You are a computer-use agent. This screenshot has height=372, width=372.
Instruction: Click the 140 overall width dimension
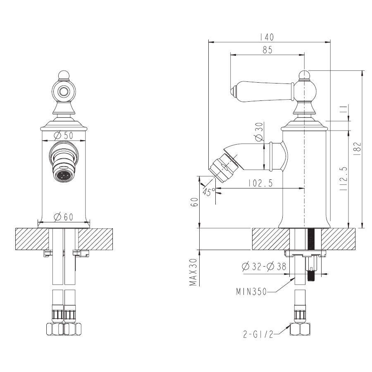[x=267, y=37]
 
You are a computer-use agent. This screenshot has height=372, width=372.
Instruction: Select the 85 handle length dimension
[x=267, y=50]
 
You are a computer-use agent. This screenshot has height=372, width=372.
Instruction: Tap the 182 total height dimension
[x=358, y=149]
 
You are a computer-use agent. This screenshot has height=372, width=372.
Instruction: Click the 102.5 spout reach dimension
[x=261, y=183]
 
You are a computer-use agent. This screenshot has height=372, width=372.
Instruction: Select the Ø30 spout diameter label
[x=259, y=132]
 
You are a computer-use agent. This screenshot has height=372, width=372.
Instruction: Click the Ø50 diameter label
[x=63, y=136]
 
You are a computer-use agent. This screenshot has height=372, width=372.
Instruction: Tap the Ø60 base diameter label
[x=63, y=217]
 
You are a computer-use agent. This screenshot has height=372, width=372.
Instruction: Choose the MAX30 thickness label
[x=193, y=272]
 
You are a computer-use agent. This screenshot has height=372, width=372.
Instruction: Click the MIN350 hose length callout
[x=251, y=291]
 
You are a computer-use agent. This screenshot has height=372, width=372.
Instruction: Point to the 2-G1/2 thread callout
[x=258, y=334]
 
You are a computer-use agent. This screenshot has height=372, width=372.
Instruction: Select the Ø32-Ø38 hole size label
[x=264, y=267]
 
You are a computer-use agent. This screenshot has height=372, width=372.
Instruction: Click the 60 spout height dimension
[x=195, y=202]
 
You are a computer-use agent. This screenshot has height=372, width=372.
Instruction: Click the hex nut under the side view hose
[x=300, y=329]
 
